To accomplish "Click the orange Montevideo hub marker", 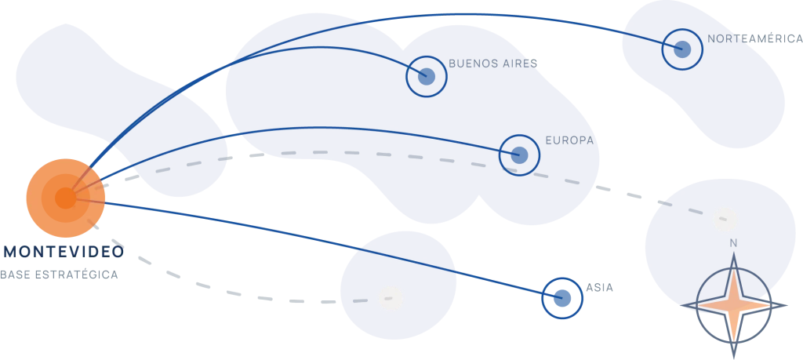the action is pyautogui.click(x=66, y=198).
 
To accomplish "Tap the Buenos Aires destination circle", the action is pyautogui.click(x=427, y=77).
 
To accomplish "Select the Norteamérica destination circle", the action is pyautogui.click(x=682, y=49).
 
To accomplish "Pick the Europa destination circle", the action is pyautogui.click(x=519, y=155).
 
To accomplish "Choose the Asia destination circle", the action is pyautogui.click(x=562, y=298).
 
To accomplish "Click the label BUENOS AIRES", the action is pyautogui.click(x=492, y=64).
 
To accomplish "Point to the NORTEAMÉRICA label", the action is pyautogui.click(x=755, y=38).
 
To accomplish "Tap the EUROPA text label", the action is pyautogui.click(x=569, y=140).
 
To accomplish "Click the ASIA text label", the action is pyautogui.click(x=600, y=288).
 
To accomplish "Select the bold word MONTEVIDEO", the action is pyautogui.click(x=64, y=252).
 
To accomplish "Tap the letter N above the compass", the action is pyautogui.click(x=733, y=243).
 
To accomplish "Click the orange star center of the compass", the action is pyautogui.click(x=733, y=306).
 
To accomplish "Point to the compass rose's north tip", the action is pyautogui.click(x=733, y=253).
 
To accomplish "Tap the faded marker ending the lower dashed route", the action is pyautogui.click(x=392, y=299).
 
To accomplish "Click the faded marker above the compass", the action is pyautogui.click(x=725, y=219).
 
